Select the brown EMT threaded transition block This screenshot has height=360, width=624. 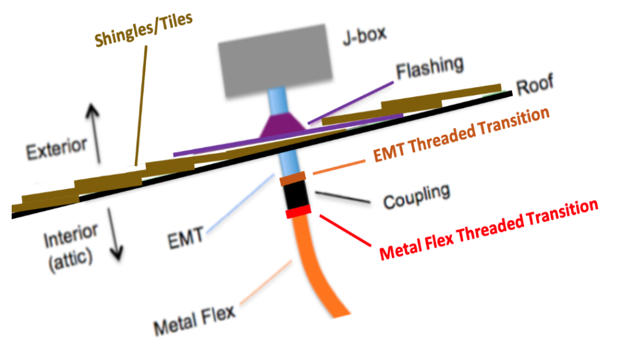[293, 179]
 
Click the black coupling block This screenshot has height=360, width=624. [296, 196]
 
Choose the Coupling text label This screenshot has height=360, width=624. [416, 195]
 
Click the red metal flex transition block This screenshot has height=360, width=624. [298, 212]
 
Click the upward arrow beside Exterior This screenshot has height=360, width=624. [94, 132]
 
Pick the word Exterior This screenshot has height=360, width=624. [56, 147]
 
